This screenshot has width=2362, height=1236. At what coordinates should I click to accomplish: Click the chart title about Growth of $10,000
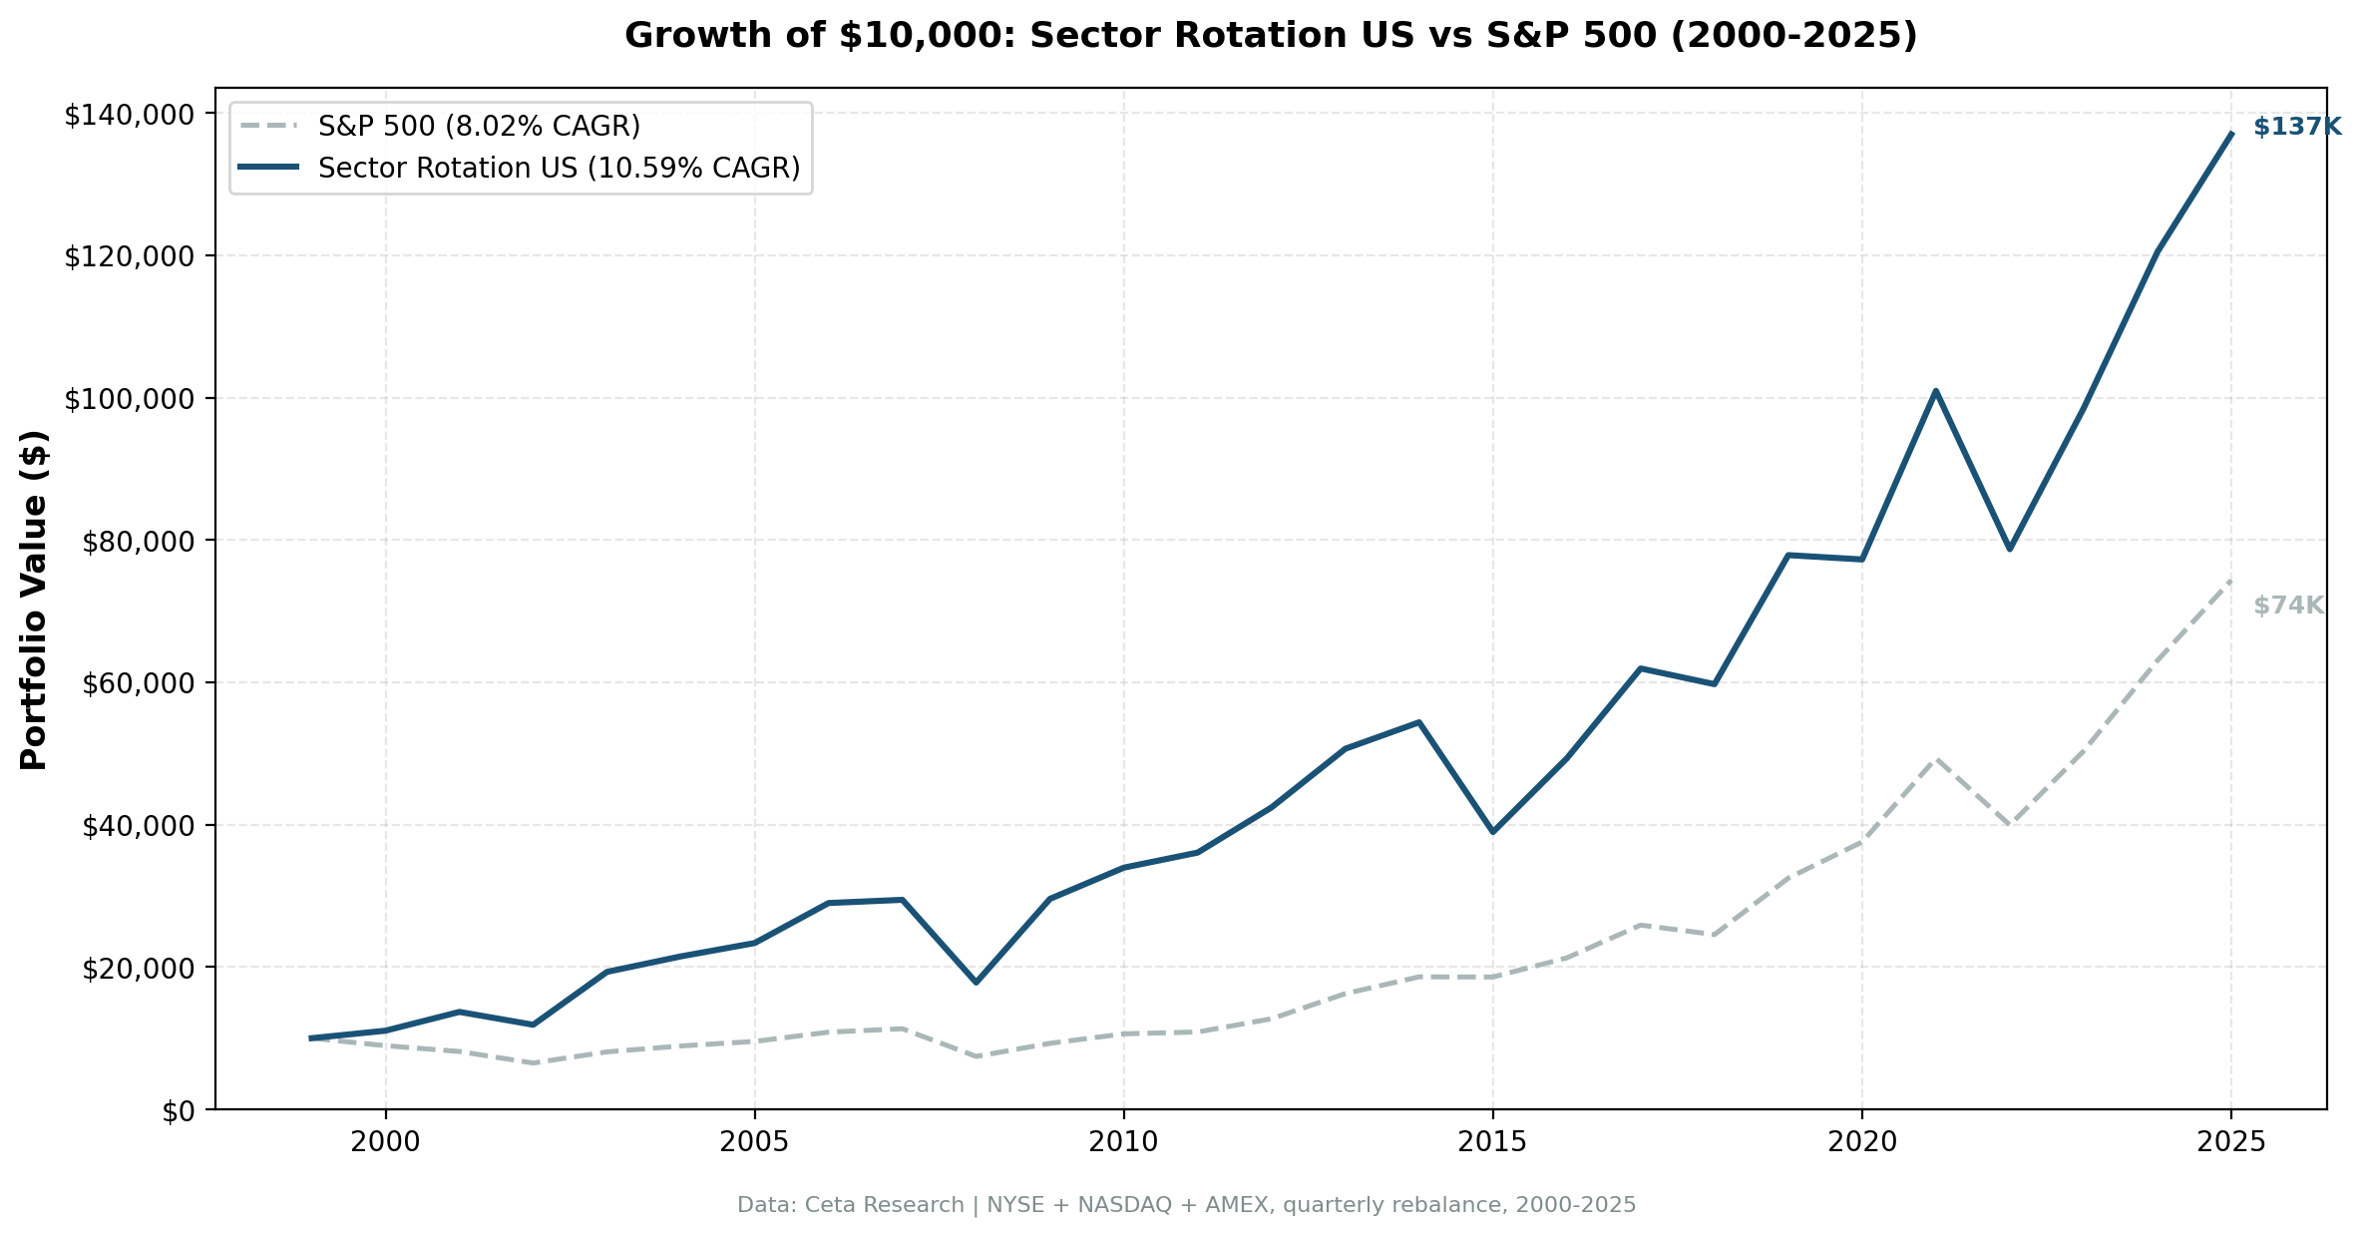[1270, 36]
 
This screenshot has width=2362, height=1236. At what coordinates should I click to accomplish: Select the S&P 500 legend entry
[479, 127]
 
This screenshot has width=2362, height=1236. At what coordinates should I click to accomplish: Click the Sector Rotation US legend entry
[559, 169]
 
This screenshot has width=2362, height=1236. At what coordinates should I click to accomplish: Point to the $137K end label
[2296, 128]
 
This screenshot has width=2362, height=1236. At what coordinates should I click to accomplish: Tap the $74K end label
[2288, 607]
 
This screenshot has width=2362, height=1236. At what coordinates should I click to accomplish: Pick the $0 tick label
[181, 1111]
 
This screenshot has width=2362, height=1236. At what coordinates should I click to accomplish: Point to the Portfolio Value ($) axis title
[34, 600]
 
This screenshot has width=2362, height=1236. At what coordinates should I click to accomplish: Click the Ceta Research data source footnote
[1186, 1206]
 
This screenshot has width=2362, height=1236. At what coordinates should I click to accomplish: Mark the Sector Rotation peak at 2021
[1935, 391]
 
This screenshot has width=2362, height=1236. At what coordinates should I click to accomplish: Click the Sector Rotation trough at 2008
[976, 983]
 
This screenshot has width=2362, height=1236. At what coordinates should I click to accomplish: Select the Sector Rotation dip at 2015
[1492, 831]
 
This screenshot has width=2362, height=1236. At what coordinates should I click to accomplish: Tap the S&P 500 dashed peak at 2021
[1935, 758]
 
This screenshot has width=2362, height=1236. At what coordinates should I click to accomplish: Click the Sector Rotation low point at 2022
[2009, 549]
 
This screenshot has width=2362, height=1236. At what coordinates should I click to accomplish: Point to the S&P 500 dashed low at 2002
[533, 1063]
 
